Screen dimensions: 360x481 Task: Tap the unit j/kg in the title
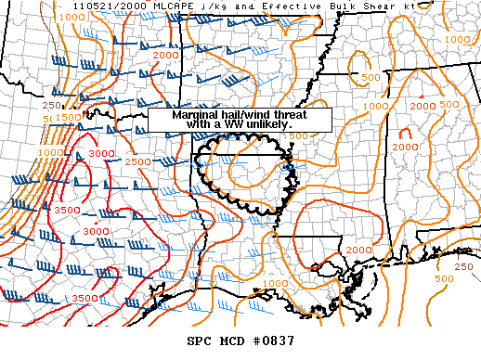coord(199,6)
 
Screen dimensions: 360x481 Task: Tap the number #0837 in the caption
coord(271,341)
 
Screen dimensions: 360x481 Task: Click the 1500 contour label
coord(67,118)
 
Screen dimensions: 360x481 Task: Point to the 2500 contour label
coord(136,161)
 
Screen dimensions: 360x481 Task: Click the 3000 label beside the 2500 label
coord(99,153)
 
